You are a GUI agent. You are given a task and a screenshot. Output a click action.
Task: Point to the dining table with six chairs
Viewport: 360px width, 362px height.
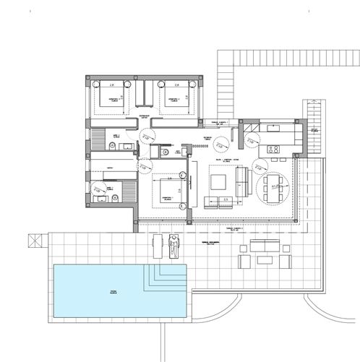coord(273,186)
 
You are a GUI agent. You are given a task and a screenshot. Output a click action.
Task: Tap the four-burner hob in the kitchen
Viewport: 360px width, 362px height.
coord(274,150)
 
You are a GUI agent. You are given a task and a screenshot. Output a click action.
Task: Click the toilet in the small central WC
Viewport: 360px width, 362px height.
coord(166,152)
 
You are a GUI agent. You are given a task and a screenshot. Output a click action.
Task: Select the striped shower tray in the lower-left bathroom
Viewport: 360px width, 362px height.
coord(127,192)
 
